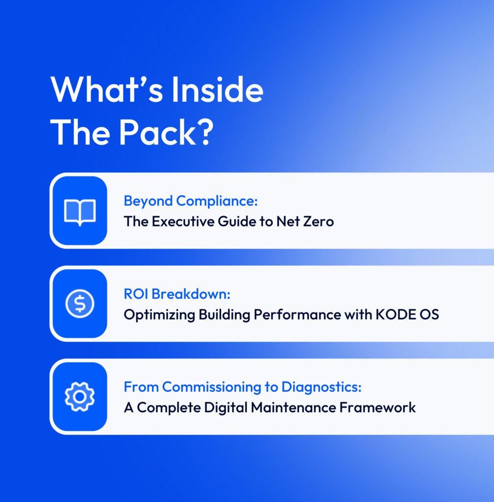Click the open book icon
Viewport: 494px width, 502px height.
pyautogui.click(x=80, y=212)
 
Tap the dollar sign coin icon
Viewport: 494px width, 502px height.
pyautogui.click(x=80, y=303)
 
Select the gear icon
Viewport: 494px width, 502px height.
pyautogui.click(x=80, y=397)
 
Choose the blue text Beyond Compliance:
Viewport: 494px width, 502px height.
pyautogui.click(x=191, y=201)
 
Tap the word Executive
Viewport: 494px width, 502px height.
pyautogui.click(x=183, y=222)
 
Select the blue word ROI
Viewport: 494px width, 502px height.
pyautogui.click(x=136, y=294)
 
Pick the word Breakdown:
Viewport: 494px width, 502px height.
pyautogui.click(x=191, y=294)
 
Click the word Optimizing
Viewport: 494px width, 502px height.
pyautogui.click(x=159, y=315)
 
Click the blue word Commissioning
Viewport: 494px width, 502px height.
pyautogui.click(x=212, y=387)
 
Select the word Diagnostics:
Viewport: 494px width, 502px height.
pyautogui.click(x=321, y=387)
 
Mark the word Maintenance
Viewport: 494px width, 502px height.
pyautogui.click(x=294, y=407)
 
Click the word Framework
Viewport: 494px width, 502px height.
pyautogui.click(x=377, y=407)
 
